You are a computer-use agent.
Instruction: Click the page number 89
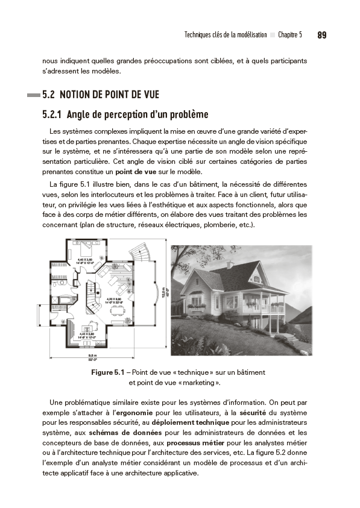coord(321,35)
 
